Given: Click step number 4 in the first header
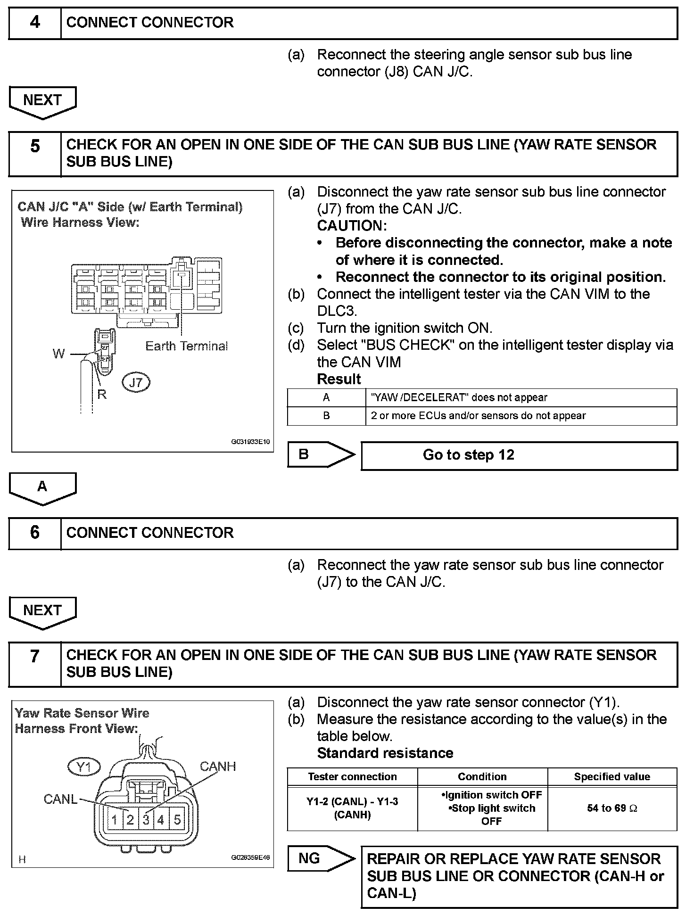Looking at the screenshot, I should click(x=35, y=23).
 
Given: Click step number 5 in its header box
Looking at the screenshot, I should click(x=35, y=146).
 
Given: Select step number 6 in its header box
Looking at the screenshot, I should click(x=35, y=533).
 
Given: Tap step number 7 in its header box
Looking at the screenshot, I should click(x=35, y=656).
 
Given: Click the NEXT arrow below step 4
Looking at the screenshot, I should click(x=42, y=101).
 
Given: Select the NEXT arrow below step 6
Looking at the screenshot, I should click(x=42, y=611).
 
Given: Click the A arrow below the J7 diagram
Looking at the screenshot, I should click(x=42, y=487).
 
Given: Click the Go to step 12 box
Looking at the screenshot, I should click(x=519, y=455).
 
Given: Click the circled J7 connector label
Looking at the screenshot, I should click(x=136, y=382).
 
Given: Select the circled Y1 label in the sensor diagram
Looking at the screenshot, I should click(x=84, y=768).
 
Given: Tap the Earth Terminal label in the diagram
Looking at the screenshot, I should click(x=186, y=346).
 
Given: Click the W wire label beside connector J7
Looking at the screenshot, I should click(x=59, y=354).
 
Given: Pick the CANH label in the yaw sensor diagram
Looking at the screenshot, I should click(x=217, y=766).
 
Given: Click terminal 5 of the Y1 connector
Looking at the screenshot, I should click(x=177, y=820).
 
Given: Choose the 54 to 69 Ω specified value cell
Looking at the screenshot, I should click(x=612, y=808).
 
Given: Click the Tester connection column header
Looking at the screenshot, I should click(x=352, y=776).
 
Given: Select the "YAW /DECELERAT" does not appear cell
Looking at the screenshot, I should click(x=459, y=397).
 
